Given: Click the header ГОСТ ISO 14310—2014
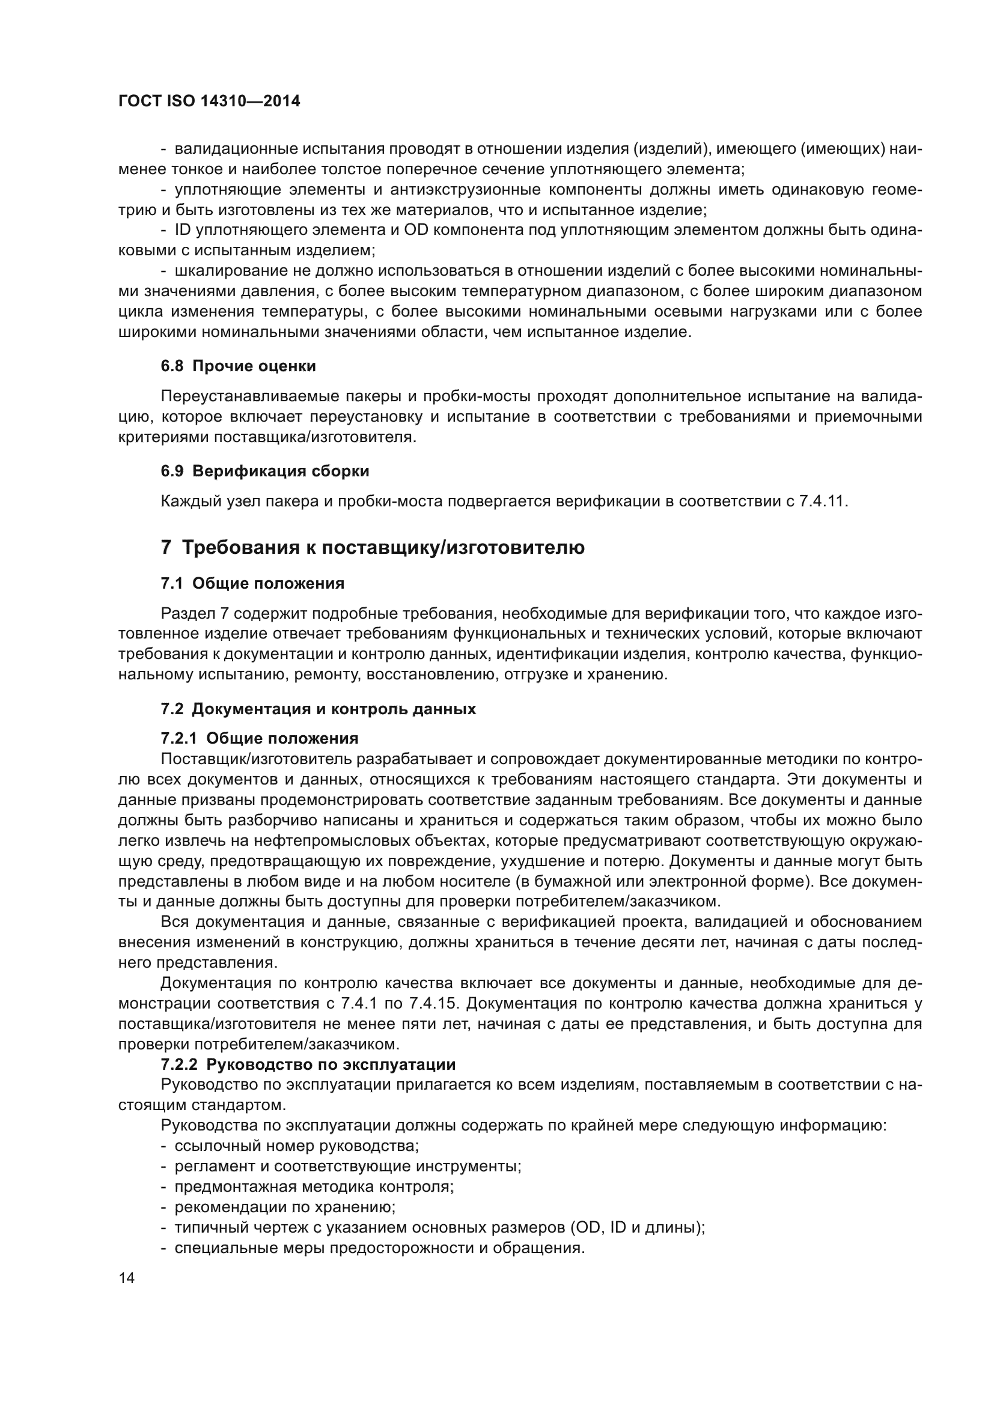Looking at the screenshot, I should (209, 102).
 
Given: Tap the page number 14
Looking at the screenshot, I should (127, 1278).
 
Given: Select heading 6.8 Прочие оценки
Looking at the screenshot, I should (238, 366).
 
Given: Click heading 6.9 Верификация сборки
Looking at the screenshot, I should (264, 471).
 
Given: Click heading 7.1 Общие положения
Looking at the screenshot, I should (252, 583).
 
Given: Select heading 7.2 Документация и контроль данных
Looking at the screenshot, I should (318, 709).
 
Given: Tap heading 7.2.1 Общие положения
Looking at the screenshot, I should (260, 738).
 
